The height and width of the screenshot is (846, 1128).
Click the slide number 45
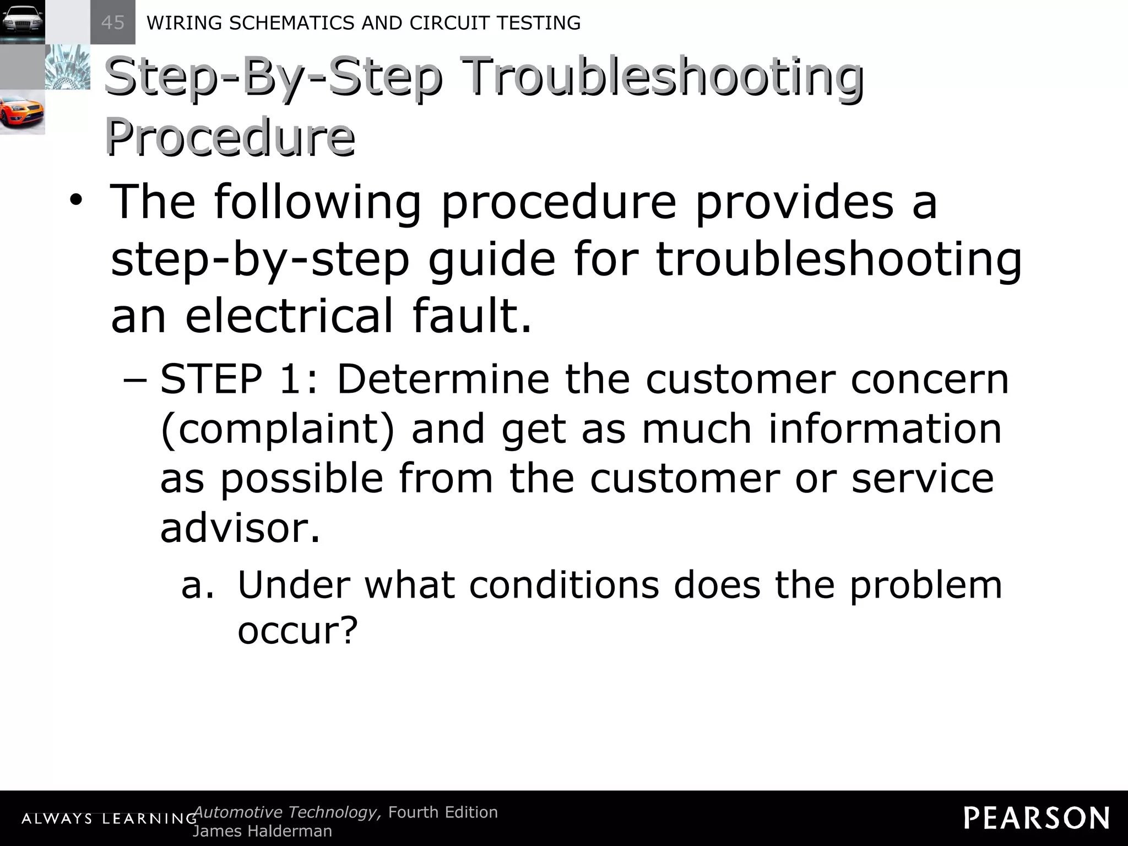pyautogui.click(x=113, y=23)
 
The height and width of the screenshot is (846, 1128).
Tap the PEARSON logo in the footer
pyautogui.click(x=1037, y=818)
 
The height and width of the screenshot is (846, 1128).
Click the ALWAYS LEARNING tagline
pyautogui.click(x=109, y=818)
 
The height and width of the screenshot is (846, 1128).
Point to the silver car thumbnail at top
pyautogui.click(x=22, y=21)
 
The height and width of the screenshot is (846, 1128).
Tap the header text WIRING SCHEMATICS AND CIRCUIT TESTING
pyautogui.click(x=364, y=23)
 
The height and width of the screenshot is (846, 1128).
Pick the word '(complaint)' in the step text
pyautogui.click(x=278, y=429)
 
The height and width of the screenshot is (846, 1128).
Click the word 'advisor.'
pyautogui.click(x=240, y=528)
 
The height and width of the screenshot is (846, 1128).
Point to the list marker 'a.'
pyautogui.click(x=197, y=585)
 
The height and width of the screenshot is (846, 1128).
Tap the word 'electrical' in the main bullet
pyautogui.click(x=289, y=316)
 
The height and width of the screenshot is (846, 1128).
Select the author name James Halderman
pyautogui.click(x=263, y=831)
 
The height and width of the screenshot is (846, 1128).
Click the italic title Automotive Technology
pyautogui.click(x=287, y=812)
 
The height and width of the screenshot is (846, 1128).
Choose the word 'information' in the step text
pyautogui.click(x=885, y=429)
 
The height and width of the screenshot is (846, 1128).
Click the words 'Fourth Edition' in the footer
pyautogui.click(x=443, y=812)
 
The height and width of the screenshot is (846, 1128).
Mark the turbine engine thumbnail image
pyautogui.click(x=67, y=67)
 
